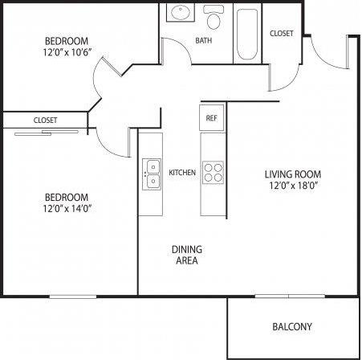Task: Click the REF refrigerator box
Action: pos(211,117)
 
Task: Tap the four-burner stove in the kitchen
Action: pos(213,173)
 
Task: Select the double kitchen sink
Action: pos(151,173)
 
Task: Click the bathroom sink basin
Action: pos(178,14)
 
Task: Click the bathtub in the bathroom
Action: pos(246,34)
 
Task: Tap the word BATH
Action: pos(204,40)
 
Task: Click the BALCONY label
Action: pos(291,327)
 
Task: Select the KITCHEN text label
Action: pos(181,173)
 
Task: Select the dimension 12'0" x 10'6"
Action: pos(67,53)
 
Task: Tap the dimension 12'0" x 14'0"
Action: pos(67,209)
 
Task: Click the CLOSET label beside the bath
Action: pos(281,33)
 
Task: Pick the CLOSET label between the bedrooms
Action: pos(45,120)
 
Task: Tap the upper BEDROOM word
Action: pos(67,41)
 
